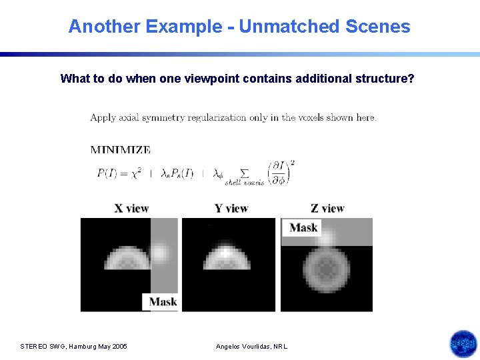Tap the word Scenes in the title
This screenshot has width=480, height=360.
[378, 27]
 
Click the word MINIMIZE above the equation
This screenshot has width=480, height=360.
[121, 150]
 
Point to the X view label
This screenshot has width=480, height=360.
[131, 209]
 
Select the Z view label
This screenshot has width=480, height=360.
[327, 209]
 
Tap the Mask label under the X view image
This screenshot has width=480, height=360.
[163, 302]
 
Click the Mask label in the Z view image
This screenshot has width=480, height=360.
[303, 227]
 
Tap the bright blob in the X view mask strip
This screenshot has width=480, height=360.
[160, 252]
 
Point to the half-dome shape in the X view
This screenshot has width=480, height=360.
[127, 257]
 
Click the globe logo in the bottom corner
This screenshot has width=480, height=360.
[463, 344]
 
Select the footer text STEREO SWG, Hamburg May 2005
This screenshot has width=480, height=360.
[74, 346]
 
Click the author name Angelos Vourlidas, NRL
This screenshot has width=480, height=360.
[252, 346]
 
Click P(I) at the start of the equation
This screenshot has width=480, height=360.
[109, 173]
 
